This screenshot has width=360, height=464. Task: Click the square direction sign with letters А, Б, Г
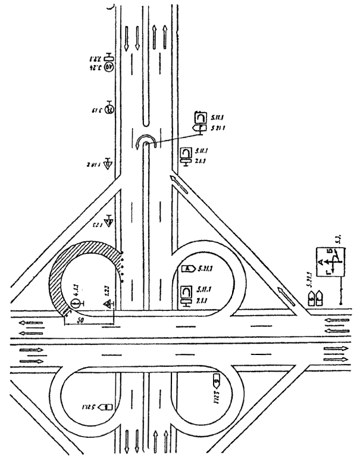pyautogui.click(x=330, y=260)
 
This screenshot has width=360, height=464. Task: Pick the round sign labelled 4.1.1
pyautogui.click(x=76, y=303)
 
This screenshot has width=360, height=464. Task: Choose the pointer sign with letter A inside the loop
pyautogui.click(x=187, y=269)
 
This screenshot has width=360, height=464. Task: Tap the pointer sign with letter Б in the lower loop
pyautogui.click(x=218, y=377)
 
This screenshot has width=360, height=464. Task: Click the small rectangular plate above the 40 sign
pyautogui.click(x=108, y=57)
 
